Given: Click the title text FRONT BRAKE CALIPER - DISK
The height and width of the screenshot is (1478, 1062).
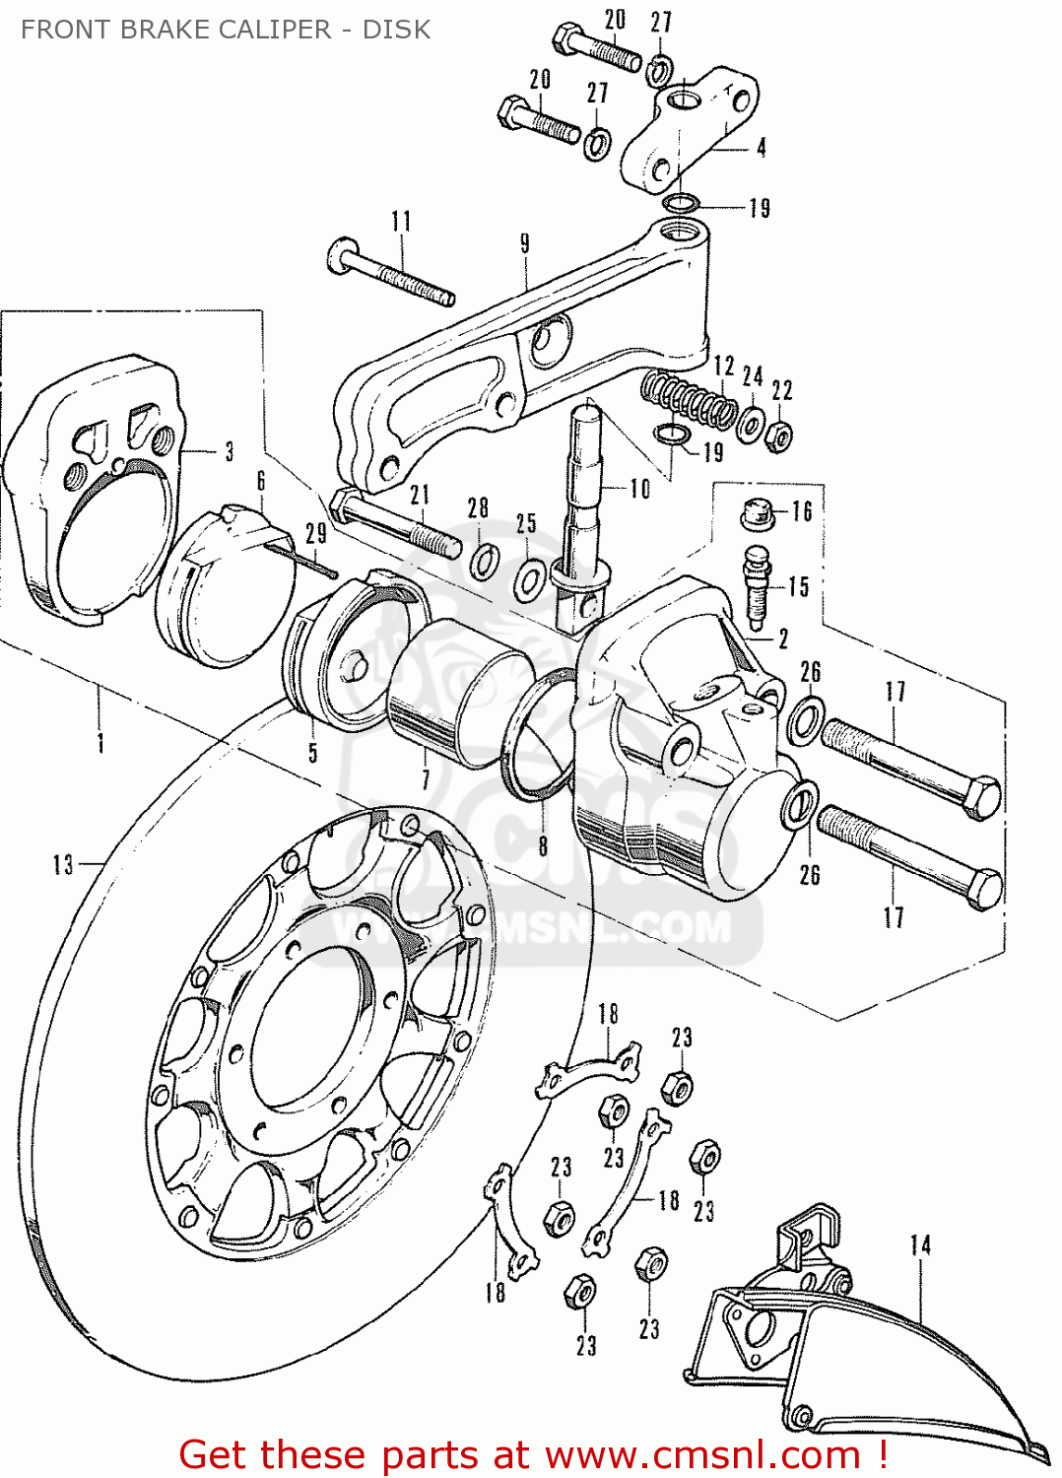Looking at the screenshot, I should [225, 30].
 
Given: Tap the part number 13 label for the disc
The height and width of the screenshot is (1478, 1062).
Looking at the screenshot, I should [63, 864].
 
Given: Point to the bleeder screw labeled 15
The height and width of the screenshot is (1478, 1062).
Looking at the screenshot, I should [758, 589].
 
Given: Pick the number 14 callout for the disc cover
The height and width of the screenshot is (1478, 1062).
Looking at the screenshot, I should [920, 1245].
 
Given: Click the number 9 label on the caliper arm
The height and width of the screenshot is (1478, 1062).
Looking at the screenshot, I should [524, 243].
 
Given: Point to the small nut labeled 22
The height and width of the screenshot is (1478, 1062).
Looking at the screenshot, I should [779, 434].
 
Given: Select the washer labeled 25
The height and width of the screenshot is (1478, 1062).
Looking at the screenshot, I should [529, 580].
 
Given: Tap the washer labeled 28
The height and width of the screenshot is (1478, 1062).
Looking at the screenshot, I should [484, 562].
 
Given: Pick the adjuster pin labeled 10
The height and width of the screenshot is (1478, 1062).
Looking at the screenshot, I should [583, 512].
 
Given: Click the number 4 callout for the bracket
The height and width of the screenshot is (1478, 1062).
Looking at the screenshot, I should [761, 148].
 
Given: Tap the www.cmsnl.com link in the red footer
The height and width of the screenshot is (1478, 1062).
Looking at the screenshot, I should [702, 1454].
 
